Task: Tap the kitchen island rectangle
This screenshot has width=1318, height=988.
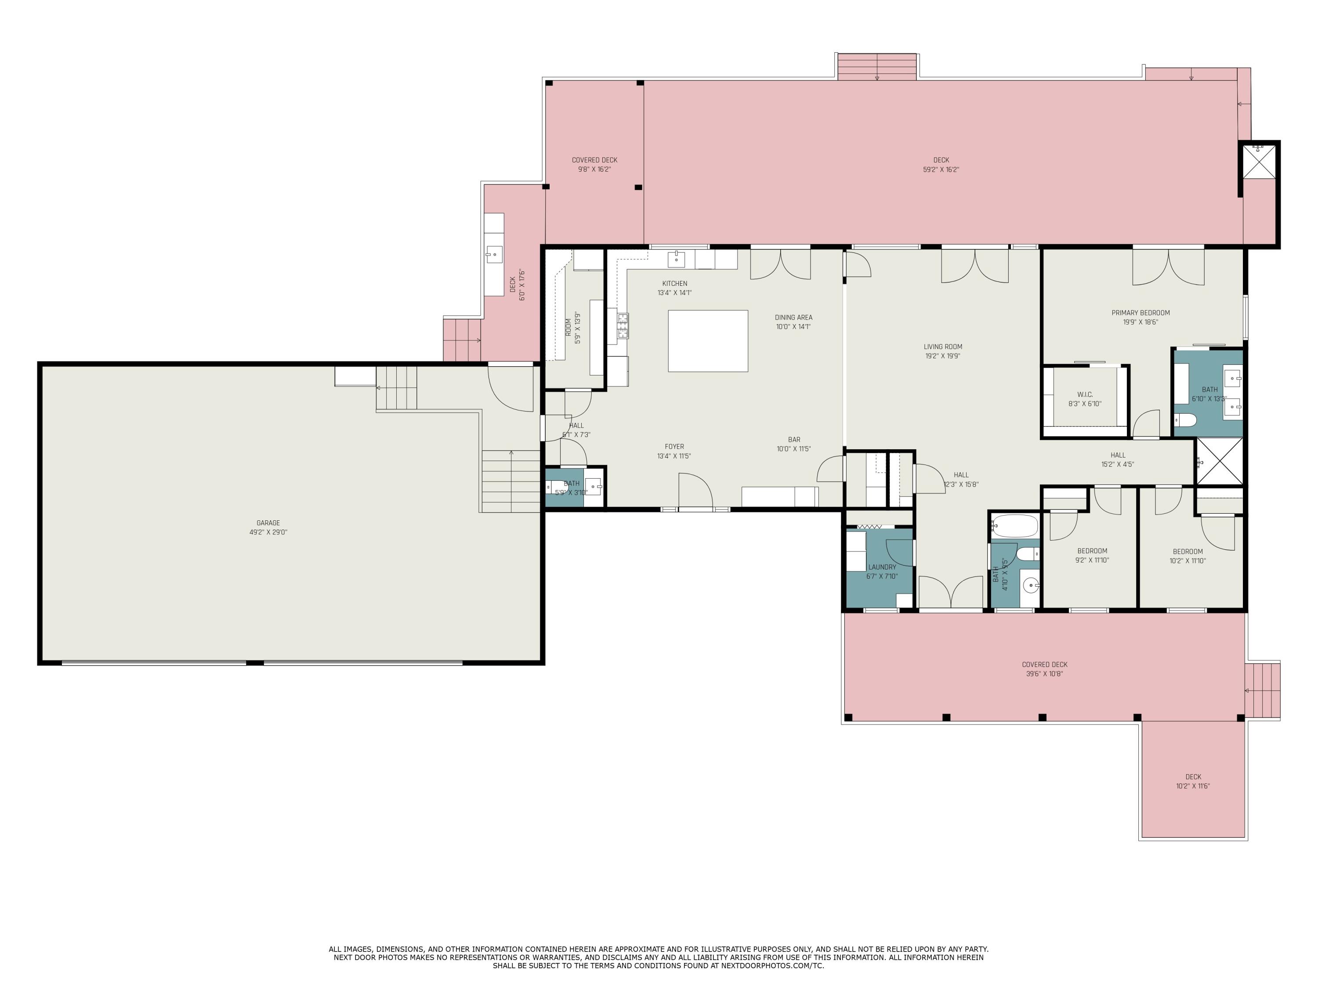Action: (x=708, y=341)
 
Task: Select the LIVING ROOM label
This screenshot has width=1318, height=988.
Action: (x=943, y=346)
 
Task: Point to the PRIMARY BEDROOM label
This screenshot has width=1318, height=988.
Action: (x=1141, y=313)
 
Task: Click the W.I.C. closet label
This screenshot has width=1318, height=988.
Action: (x=1084, y=395)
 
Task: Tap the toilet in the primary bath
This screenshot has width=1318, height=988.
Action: (x=1186, y=421)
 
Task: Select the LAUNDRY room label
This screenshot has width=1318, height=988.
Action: (x=882, y=567)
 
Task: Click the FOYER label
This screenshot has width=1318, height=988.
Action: (x=674, y=447)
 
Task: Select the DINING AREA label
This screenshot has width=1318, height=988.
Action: (x=793, y=317)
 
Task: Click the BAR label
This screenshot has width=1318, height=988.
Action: (x=794, y=440)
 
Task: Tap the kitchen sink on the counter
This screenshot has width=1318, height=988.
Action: (x=676, y=259)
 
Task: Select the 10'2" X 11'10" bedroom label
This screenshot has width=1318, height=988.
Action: (x=1188, y=560)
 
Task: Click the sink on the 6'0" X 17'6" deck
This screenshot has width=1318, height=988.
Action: (x=494, y=255)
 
